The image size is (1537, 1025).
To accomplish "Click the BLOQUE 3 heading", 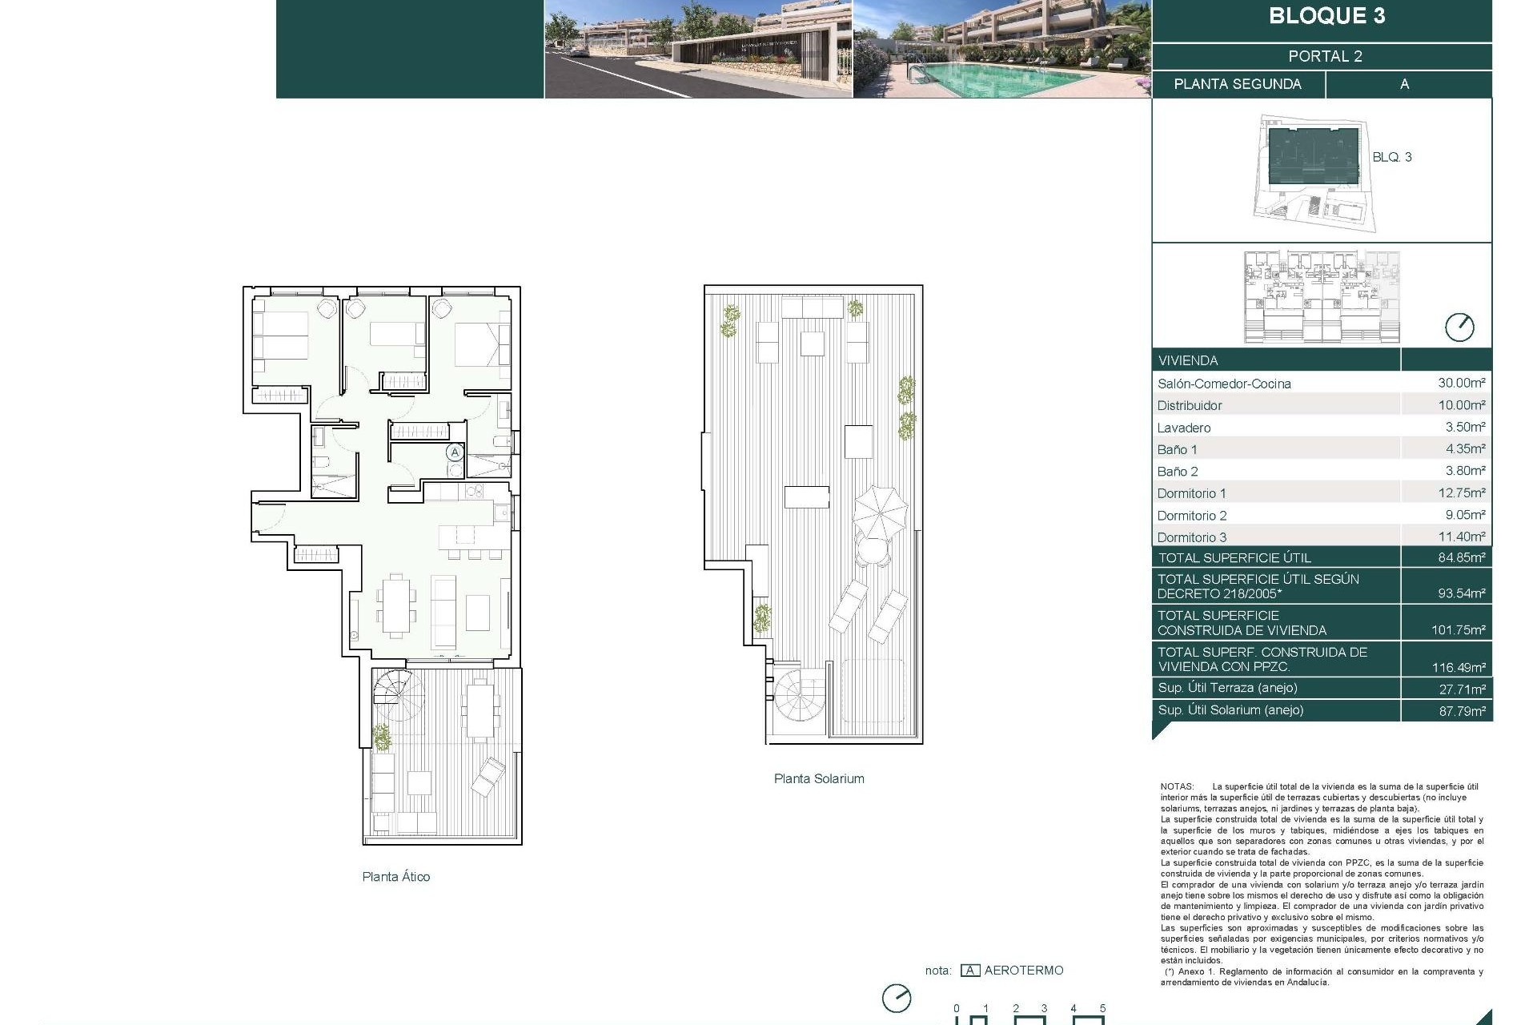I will [1326, 16].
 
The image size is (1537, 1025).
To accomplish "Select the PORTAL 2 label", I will [1325, 56].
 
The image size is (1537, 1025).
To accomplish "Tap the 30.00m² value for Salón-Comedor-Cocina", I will [1461, 383].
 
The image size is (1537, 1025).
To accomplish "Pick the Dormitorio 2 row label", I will [1191, 515].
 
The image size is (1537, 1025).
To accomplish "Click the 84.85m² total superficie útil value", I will [1461, 557].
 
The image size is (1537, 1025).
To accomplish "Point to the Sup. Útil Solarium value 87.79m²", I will [1462, 710].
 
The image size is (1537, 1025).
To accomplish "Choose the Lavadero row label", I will [1183, 428].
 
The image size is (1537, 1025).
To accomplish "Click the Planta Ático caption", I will [395, 876].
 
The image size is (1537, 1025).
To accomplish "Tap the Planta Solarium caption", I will [818, 778].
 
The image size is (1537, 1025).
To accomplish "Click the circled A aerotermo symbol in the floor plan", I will [455, 452].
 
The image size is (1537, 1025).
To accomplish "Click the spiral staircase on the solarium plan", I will [799, 694].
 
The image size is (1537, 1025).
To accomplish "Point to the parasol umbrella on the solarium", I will [880, 513].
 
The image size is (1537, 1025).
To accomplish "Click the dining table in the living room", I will [396, 605].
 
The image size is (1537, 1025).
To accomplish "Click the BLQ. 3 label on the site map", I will [1391, 157].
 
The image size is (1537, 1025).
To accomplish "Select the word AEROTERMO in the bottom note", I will [1023, 970].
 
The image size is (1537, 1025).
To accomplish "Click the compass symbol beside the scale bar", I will [897, 999].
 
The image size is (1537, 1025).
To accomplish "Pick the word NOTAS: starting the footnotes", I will [1177, 786].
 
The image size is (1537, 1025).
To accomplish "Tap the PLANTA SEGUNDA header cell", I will [1237, 84].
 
